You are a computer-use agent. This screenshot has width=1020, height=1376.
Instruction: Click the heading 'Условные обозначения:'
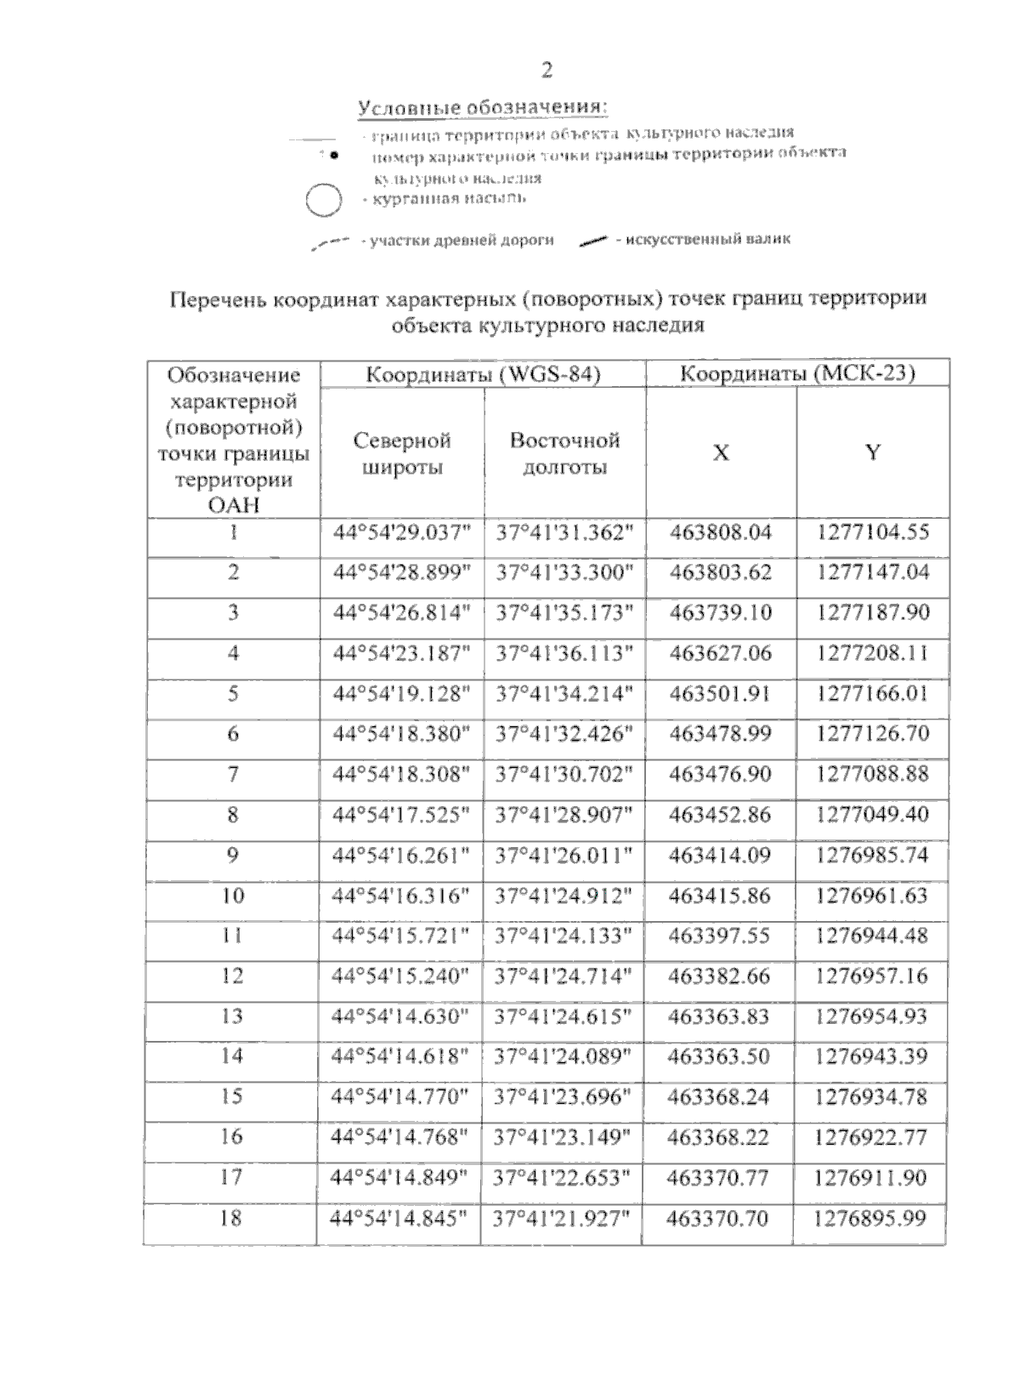[483, 109]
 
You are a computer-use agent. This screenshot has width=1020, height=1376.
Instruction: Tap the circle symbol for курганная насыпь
[323, 201]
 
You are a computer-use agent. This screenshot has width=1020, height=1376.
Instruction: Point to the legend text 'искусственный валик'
[708, 239]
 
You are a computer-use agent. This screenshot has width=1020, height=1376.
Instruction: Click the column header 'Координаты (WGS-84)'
[483, 375]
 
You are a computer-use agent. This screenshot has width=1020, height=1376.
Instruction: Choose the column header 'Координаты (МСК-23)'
[797, 374]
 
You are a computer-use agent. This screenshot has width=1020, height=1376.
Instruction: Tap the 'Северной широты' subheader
[402, 453]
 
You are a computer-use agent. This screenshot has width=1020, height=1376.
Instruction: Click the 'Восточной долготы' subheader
[565, 453]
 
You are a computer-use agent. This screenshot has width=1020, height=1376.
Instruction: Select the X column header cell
[721, 453]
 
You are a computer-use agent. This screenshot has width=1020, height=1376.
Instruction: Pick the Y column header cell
[873, 452]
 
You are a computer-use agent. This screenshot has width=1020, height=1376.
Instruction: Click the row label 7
[233, 775]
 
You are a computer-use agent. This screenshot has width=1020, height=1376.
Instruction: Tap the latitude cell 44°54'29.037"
[402, 533]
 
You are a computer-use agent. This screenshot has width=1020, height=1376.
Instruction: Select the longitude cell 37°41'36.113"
[565, 653]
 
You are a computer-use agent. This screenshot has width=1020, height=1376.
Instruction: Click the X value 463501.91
[720, 694]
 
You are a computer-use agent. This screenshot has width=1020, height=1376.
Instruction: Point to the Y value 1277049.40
[872, 815]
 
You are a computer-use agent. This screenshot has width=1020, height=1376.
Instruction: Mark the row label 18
[230, 1219]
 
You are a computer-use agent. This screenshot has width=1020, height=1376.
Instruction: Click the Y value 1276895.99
[870, 1219]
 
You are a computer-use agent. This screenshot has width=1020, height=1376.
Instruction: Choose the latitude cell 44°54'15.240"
[400, 976]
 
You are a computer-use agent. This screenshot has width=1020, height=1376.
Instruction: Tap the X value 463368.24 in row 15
[718, 1097]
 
